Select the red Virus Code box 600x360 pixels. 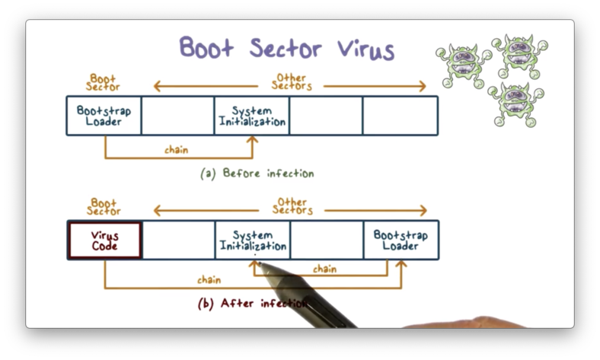point(105,241)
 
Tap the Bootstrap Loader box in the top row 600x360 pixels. point(104,116)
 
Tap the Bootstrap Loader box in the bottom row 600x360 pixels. point(401,241)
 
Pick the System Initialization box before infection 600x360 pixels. point(252,116)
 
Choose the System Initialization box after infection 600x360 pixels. point(253,241)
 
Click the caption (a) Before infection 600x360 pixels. point(257,174)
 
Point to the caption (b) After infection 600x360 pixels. point(253,303)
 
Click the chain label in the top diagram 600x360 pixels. point(177,150)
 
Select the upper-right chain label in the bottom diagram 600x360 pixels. point(324,269)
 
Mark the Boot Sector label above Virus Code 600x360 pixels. point(104,206)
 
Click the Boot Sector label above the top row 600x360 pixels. point(104,81)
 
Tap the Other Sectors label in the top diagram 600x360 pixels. point(292,81)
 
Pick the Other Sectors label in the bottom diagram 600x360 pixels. point(292,206)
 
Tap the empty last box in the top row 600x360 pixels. point(401,116)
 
